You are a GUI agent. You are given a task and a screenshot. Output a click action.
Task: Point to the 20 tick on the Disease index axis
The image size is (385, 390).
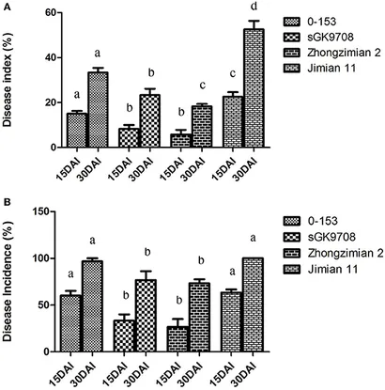pyautogui.click(x=38, y=103)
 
